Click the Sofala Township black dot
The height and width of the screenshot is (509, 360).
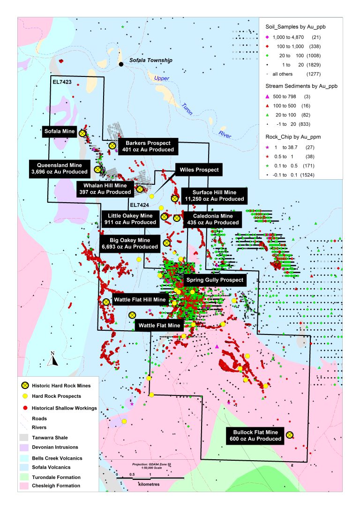click(121, 64)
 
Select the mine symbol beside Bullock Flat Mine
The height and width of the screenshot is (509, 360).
click(290, 435)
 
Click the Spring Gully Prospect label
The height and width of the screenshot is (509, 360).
click(215, 280)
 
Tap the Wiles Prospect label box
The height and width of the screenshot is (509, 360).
click(197, 169)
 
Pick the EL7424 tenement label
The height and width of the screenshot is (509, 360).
click(139, 205)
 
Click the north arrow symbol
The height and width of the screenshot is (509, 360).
click(53, 359)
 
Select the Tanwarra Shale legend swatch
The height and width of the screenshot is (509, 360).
click(24, 437)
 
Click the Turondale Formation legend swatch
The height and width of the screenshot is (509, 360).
click(24, 477)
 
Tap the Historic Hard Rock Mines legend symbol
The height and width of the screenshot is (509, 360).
click(24, 386)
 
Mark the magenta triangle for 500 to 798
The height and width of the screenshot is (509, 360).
click(267, 96)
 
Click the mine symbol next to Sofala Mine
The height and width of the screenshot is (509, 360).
click(82, 133)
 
